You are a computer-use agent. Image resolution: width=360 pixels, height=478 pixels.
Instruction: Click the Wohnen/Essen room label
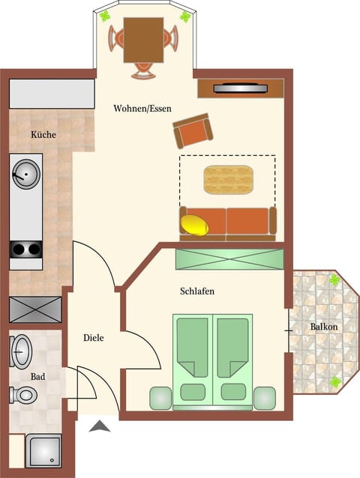pyautogui.click(x=142, y=109)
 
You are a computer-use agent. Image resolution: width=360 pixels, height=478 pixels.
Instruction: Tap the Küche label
pyautogui.click(x=43, y=135)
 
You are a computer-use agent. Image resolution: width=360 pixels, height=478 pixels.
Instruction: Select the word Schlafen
pyautogui.click(x=197, y=291)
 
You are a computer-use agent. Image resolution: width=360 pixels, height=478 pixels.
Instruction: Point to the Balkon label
pyautogui.click(x=324, y=327)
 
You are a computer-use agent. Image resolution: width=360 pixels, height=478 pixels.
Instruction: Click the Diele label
pyautogui.click(x=93, y=338)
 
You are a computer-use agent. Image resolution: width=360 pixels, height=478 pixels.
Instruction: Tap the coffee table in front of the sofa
pyautogui.click(x=229, y=180)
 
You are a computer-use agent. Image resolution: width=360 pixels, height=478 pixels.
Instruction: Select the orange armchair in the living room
pyautogui.click(x=193, y=131)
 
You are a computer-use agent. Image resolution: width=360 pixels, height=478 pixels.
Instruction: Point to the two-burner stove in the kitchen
pyautogui.click(x=25, y=250)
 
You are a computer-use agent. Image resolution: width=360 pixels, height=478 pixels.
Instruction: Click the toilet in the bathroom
pyautogui.click(x=22, y=394)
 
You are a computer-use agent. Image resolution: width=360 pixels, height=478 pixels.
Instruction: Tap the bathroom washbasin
pyautogui.click(x=20, y=350)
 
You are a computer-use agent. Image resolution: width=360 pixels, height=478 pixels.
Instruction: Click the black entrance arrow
pyautogui.click(x=100, y=427)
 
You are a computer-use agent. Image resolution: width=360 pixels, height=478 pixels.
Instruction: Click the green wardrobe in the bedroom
pyautogui.click(x=229, y=258)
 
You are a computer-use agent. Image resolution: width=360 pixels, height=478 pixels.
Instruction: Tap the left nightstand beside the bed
pyautogui.click(x=160, y=398)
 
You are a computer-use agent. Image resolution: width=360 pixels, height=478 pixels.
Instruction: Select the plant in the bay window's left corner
pyautogui.click(x=106, y=16)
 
